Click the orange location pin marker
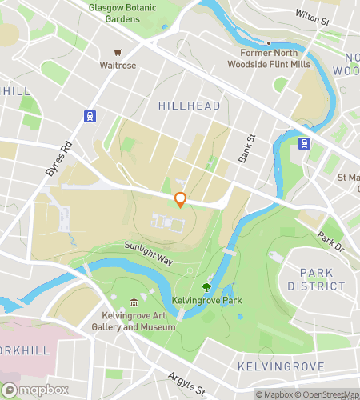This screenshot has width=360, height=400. pos(181,200)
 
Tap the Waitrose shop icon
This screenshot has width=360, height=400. pos(118,50)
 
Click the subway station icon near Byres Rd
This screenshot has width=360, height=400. pos(88,115)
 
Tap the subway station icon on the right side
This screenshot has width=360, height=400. pos(305,144)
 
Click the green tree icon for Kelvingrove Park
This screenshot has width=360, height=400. pos(207,286)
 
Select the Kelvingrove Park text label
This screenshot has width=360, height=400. pos(206,301)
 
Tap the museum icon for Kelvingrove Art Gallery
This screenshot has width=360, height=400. pos(134,302)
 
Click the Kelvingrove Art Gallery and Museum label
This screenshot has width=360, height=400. pos(134,322)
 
